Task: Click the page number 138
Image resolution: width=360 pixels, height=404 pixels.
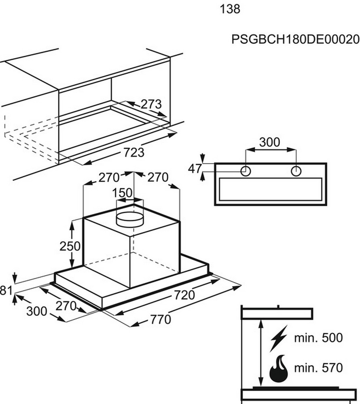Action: (x=230, y=9)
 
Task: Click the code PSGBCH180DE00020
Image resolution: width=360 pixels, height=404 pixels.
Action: (x=295, y=40)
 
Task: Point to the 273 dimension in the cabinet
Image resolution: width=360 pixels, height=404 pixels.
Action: (x=151, y=104)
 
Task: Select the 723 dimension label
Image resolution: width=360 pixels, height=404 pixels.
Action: (x=133, y=153)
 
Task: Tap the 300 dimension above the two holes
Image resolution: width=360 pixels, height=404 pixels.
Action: (x=269, y=142)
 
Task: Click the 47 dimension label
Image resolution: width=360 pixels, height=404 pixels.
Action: (x=195, y=168)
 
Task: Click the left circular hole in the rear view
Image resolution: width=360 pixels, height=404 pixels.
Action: (x=246, y=171)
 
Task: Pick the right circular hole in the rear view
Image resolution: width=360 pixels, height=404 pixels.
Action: (x=296, y=171)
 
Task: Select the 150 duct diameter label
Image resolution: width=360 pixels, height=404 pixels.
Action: (x=123, y=193)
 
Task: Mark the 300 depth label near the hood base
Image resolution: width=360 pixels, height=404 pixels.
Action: (x=37, y=311)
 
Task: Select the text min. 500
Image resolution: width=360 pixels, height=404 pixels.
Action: (x=318, y=338)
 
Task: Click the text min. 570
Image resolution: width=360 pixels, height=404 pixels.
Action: (x=318, y=368)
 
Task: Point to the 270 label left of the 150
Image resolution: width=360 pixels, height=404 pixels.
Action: (x=109, y=177)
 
